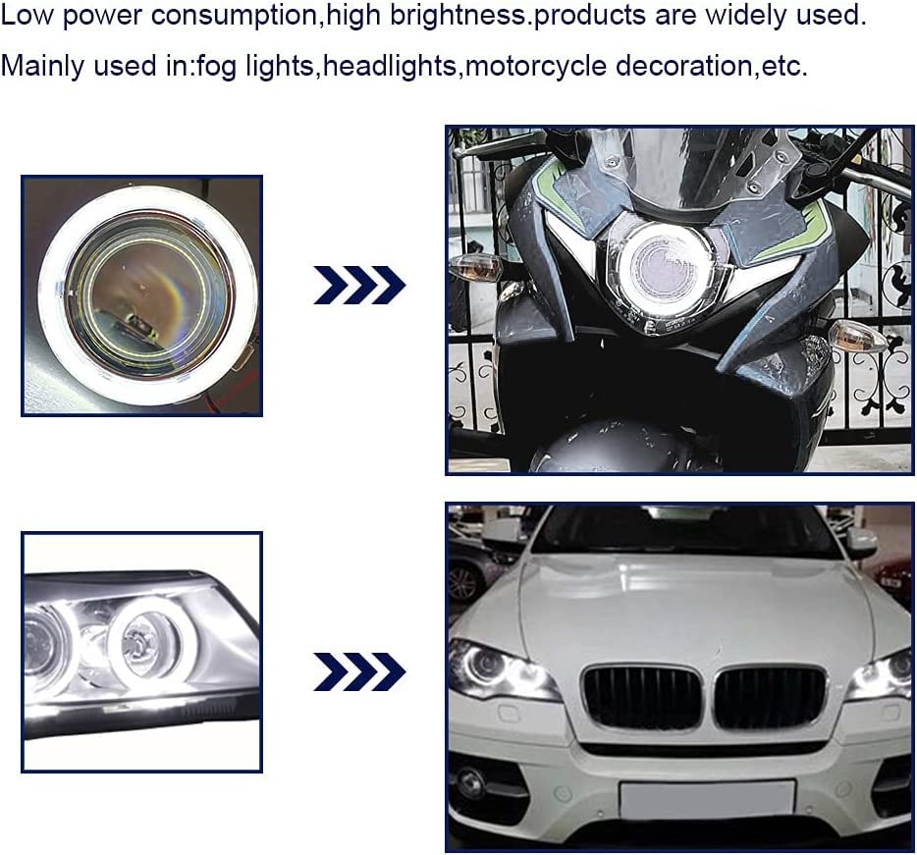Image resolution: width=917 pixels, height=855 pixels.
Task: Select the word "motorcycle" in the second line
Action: [x=536, y=66]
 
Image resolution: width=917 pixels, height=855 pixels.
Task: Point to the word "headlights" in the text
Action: [x=390, y=65]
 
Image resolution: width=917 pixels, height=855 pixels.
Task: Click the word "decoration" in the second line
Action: [x=683, y=65]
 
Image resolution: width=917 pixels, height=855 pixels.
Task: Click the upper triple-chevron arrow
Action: [x=359, y=285]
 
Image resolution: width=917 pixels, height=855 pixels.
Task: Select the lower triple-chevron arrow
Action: [x=359, y=671]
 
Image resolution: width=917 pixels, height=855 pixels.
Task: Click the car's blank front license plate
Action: [x=707, y=800]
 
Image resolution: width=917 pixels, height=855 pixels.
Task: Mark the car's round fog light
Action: [x=472, y=780]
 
